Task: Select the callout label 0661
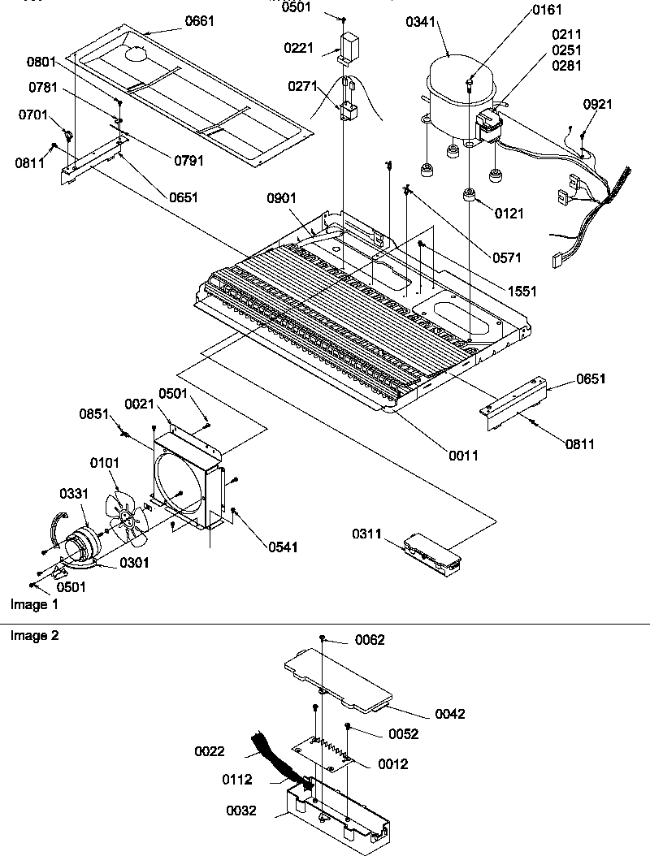[200, 21]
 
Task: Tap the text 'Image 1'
[34, 604]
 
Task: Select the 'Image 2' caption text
[34, 636]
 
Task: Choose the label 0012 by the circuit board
[393, 764]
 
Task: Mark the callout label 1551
[522, 291]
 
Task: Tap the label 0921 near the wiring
[598, 104]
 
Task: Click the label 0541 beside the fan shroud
[282, 547]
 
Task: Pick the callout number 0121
[509, 214]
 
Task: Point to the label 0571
[507, 257]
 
